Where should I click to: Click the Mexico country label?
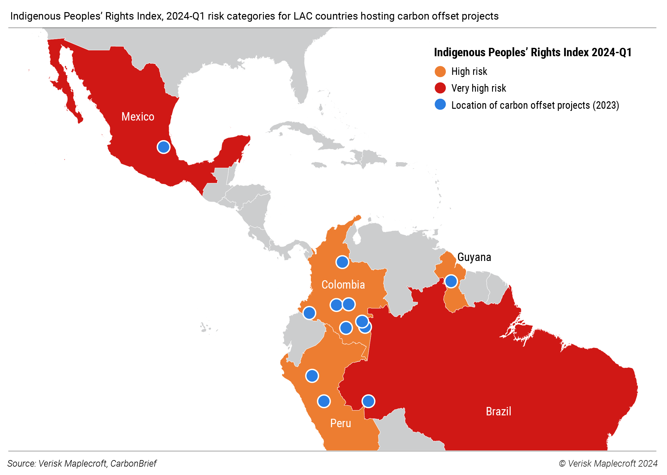[x=138, y=117]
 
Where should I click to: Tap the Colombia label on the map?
[x=343, y=285]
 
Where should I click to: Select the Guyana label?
[x=474, y=257]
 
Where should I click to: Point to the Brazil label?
[x=498, y=411]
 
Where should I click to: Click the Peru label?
[x=340, y=423]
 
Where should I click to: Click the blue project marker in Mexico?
[x=163, y=147]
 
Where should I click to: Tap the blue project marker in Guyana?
[x=451, y=281]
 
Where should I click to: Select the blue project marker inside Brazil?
[x=368, y=401]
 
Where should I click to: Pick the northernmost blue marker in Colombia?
[x=342, y=262]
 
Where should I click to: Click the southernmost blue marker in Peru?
[x=324, y=401]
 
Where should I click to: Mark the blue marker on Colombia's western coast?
[x=309, y=313]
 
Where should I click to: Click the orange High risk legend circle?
[x=440, y=71]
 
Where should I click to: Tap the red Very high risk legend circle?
[x=440, y=88]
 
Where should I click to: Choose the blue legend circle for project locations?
[x=440, y=105]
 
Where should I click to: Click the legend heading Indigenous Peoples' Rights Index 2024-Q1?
[x=532, y=53]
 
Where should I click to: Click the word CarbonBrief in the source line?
[x=133, y=464]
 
